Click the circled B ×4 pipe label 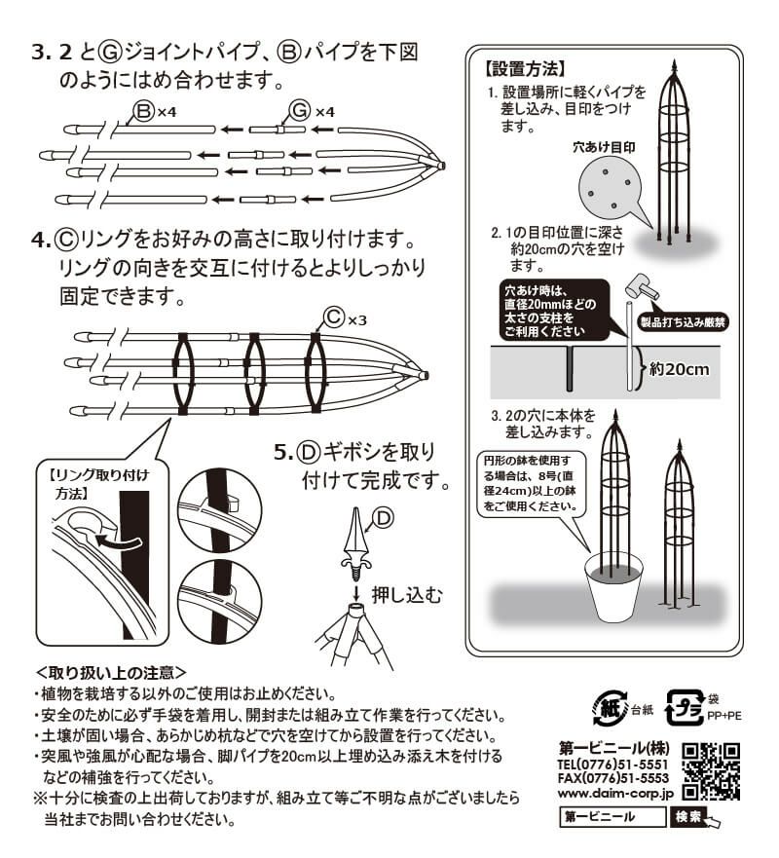tap(155, 110)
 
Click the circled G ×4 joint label tap(312, 110)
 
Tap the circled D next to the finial tap(384, 518)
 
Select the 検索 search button tap(688, 817)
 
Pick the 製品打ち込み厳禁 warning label tap(683, 320)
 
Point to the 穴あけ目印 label tap(604, 149)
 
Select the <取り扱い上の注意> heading tap(111, 671)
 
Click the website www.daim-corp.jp tap(614, 794)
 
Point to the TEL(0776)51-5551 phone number tap(613, 765)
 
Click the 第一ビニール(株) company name tap(613, 749)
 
